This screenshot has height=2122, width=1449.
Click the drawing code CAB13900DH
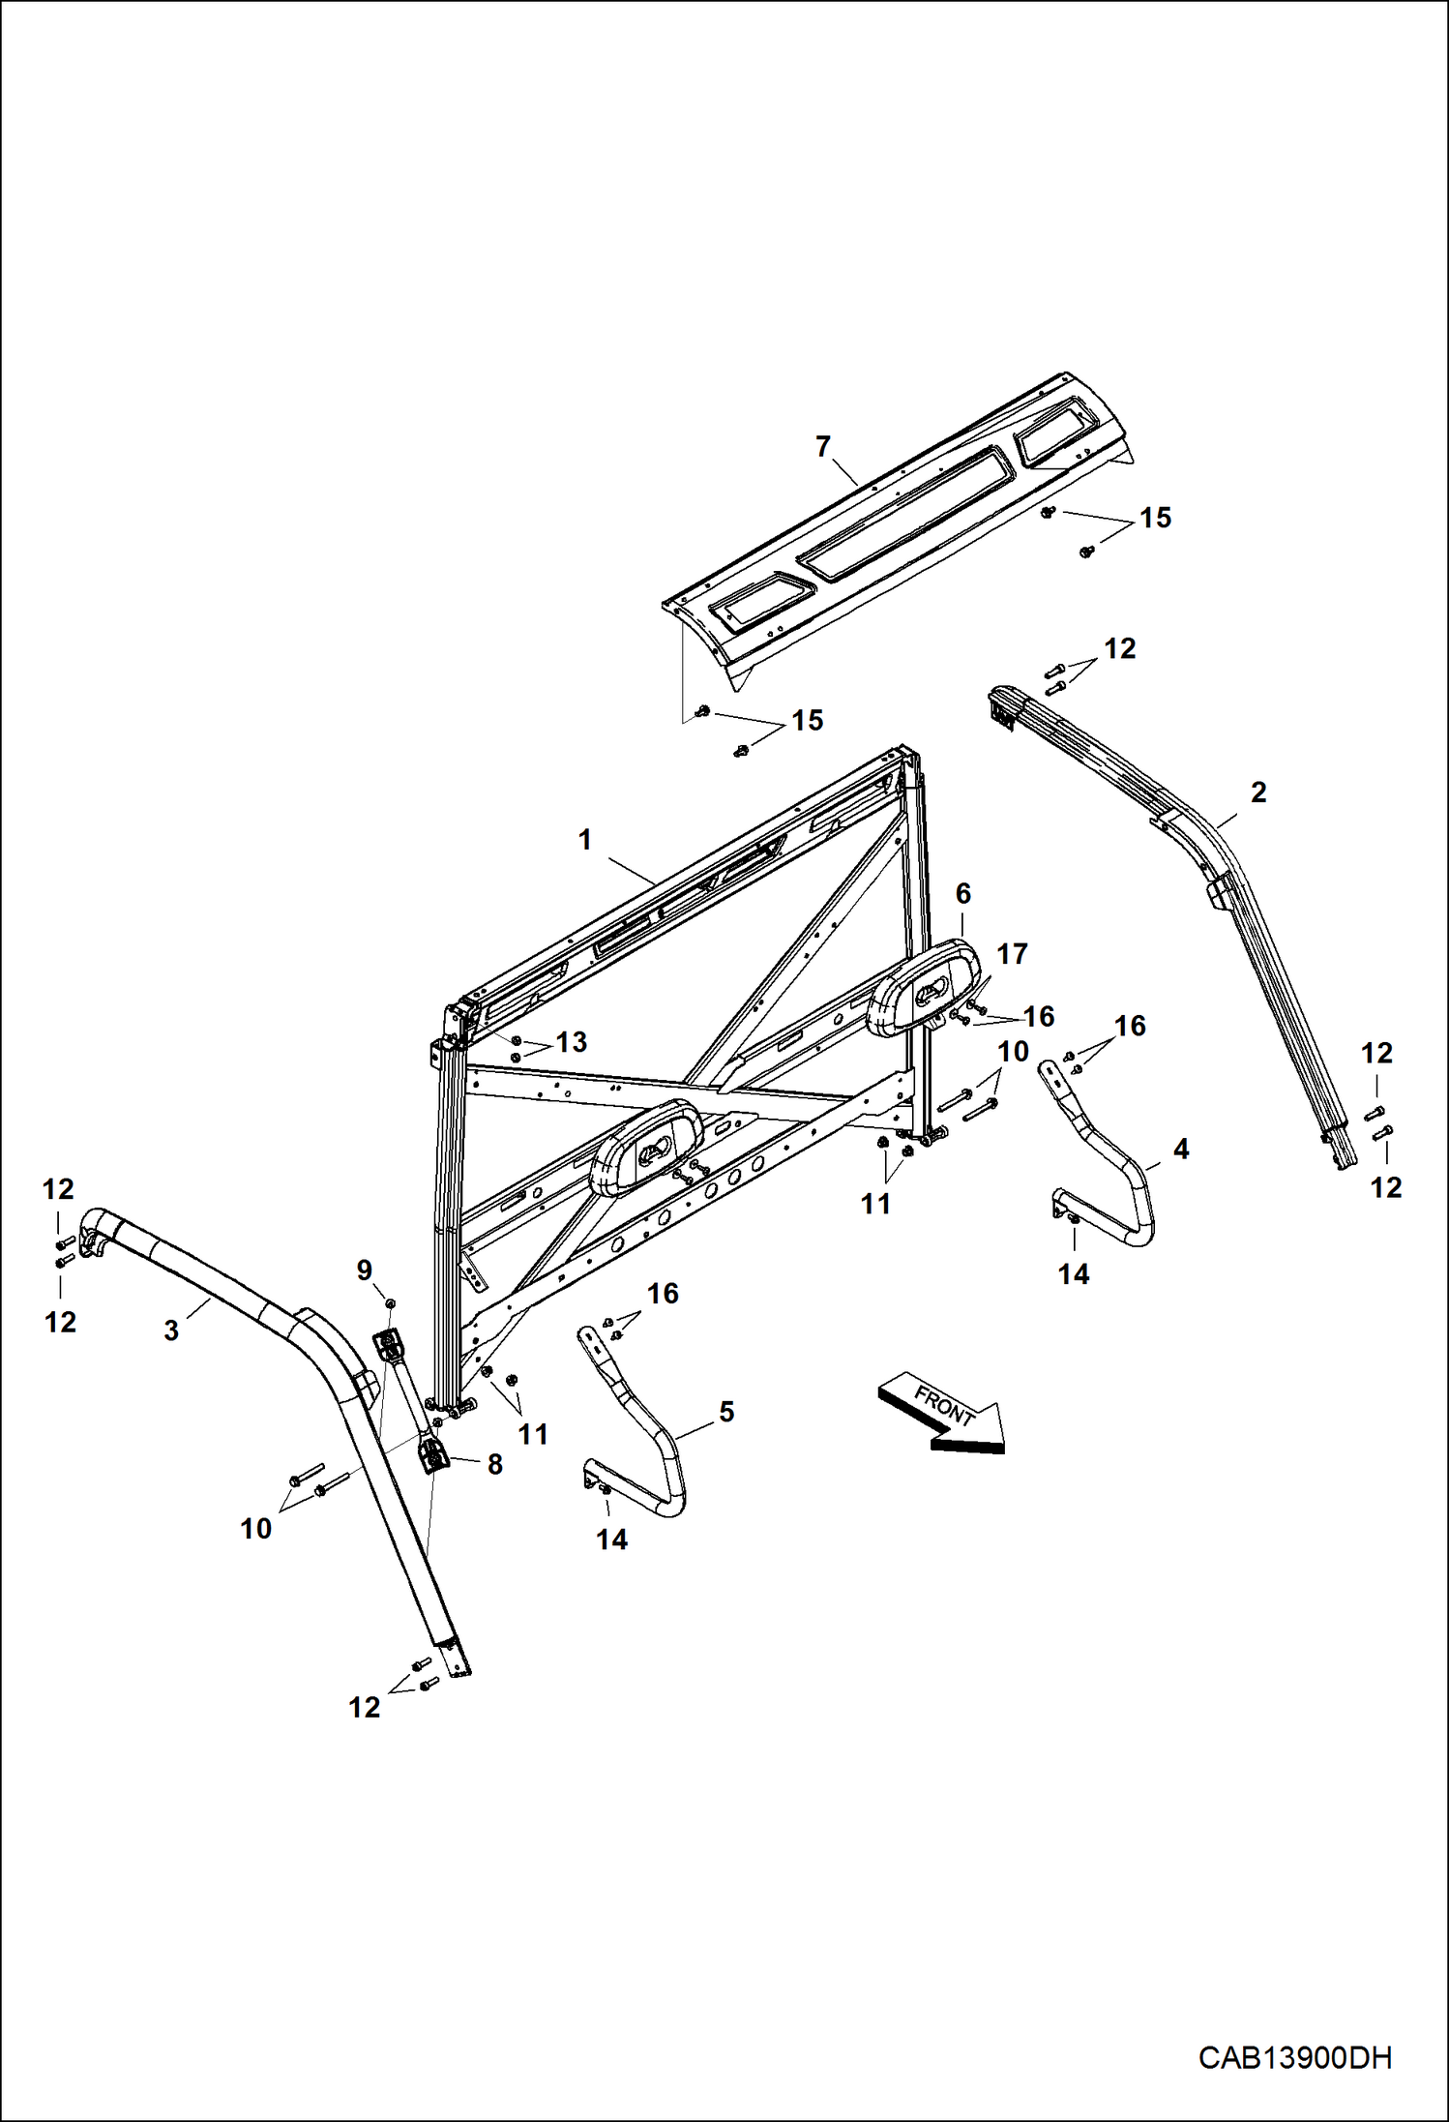[x=1294, y=2058]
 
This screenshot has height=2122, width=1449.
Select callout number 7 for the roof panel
[x=822, y=447]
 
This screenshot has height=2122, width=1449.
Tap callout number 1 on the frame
[x=584, y=840]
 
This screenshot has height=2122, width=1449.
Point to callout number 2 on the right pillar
[x=1257, y=792]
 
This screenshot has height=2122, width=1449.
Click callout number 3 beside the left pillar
[x=171, y=1330]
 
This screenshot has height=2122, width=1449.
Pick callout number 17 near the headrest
[x=1012, y=954]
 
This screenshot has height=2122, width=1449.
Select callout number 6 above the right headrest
[x=962, y=894]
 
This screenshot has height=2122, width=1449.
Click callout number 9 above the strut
[x=365, y=1270]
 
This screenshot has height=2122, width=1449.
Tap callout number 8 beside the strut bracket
[x=494, y=1465]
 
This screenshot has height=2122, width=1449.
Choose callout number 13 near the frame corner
[x=571, y=1042]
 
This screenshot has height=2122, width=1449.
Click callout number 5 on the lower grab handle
[x=726, y=1412]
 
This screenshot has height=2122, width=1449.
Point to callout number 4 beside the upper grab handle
[x=1180, y=1150]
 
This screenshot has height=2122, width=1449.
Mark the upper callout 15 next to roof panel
[x=1155, y=519]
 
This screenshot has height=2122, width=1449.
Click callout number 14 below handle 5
[x=611, y=1539]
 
